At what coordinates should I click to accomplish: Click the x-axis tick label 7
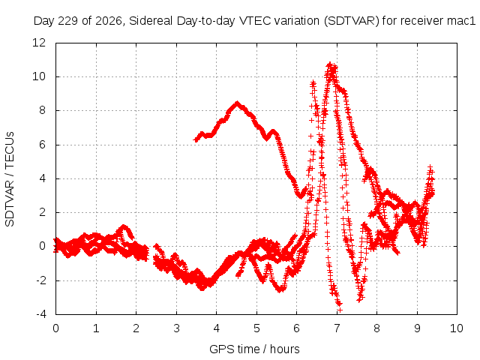tap(337, 328)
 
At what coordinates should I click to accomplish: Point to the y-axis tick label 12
tap(39, 43)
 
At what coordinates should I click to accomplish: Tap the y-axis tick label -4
tap(41, 314)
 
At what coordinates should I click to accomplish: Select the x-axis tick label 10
tap(457, 328)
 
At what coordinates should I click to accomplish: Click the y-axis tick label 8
tap(42, 110)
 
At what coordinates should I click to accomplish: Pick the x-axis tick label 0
tap(55, 328)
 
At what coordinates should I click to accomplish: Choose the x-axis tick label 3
tap(176, 328)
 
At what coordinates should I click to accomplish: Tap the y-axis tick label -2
tap(41, 280)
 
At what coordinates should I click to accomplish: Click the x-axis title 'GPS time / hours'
tap(254, 349)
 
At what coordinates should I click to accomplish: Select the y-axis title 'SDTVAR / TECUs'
tap(10, 179)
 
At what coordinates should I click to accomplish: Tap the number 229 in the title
tap(68, 21)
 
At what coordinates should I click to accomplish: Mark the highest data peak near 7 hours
tap(330, 64)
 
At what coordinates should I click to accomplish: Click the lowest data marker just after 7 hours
tap(340, 310)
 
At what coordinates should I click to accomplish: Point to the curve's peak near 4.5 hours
tap(237, 103)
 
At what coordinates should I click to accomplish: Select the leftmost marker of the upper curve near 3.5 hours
tap(196, 140)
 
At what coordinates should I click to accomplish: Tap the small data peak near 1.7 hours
tap(124, 226)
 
